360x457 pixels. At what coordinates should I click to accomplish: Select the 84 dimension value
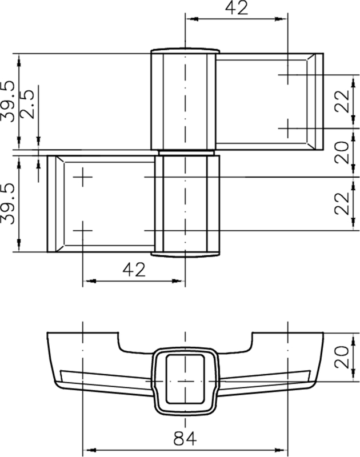[185, 439]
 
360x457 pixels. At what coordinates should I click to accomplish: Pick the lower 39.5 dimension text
[8, 205]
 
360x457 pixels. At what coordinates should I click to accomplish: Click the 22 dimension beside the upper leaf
[342, 101]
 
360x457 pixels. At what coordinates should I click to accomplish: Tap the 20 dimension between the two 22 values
[342, 153]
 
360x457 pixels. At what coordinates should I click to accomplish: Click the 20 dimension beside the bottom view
[342, 356]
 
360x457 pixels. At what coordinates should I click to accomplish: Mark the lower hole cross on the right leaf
[287, 126]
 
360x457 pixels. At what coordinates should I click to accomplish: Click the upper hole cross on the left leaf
[83, 178]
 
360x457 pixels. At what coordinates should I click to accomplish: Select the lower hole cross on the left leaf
[83, 230]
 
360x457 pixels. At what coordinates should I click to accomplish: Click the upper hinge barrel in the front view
[184, 100]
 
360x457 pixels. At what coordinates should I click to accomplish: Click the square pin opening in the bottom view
[185, 374]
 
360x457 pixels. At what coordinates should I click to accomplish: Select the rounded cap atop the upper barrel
[185, 50]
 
